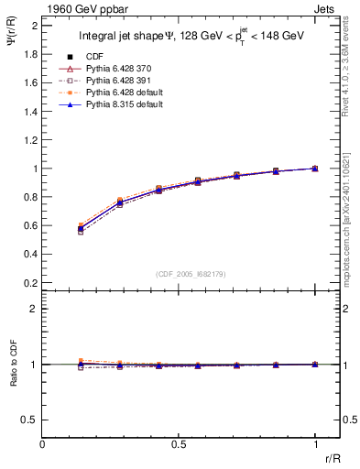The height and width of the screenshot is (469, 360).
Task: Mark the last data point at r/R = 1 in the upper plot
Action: [315, 169]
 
